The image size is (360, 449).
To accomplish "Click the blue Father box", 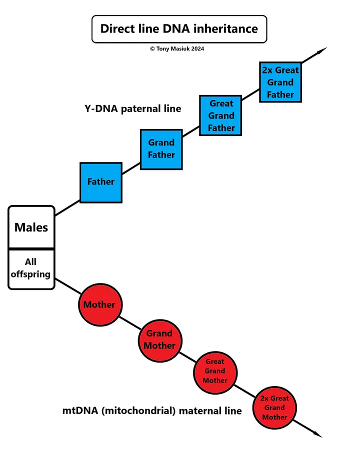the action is pos(101,182).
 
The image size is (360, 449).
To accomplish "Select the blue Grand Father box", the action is pos(161,149).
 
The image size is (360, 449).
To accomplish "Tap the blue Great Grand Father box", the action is pos(220,115).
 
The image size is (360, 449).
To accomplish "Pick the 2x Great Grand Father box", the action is pos(280,82).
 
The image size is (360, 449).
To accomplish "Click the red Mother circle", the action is pos(100,304).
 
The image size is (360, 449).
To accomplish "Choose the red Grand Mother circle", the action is pos(160,341).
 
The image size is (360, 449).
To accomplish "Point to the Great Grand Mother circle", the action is pos(215,373).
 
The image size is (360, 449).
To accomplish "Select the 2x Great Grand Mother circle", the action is pos(274,408).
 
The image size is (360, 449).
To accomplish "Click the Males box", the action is pos(31,227).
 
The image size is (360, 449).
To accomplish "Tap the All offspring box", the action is pos(31,269).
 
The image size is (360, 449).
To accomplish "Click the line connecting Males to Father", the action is pos(67,207).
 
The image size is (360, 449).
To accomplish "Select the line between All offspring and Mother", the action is pos(68,286).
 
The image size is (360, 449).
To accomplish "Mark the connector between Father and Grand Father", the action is pos(131,168).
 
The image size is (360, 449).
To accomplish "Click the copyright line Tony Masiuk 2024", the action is pos(177,48).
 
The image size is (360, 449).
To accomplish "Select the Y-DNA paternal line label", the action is pos(133,109).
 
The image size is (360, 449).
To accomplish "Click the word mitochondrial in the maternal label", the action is pos(138,411).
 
